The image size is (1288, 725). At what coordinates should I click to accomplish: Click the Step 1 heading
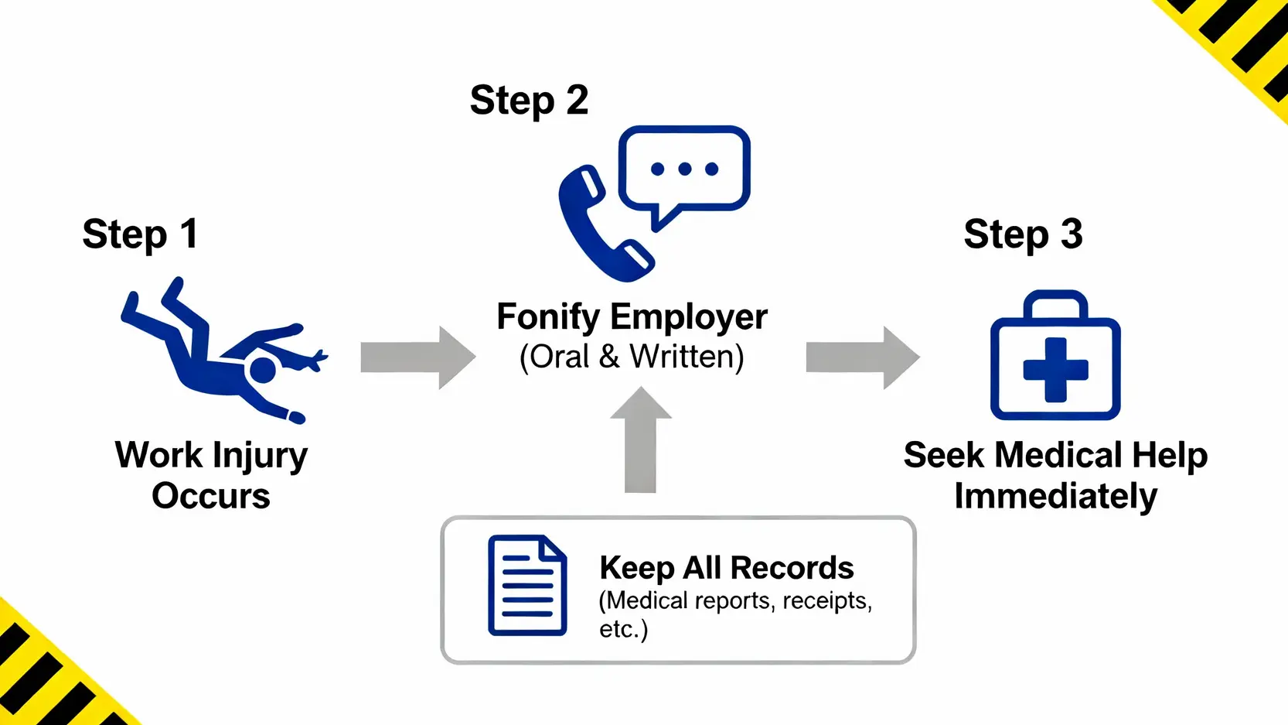[x=140, y=234]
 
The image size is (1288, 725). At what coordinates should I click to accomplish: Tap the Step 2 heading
[x=529, y=101]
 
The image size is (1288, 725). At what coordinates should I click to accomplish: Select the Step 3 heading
[x=1023, y=234]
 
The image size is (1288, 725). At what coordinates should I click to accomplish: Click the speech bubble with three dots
[x=684, y=170]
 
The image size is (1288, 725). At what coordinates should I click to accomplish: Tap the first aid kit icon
[x=1055, y=364]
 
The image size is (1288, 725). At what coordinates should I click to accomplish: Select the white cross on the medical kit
[x=1055, y=370]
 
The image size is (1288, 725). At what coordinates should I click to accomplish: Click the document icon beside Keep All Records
[x=527, y=585]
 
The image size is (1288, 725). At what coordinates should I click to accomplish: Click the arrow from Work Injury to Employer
[x=417, y=357]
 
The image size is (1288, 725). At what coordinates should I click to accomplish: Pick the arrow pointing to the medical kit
[x=862, y=357]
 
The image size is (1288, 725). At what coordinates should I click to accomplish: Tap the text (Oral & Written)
[x=632, y=357]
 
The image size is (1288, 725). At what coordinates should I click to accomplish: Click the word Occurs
[x=211, y=496]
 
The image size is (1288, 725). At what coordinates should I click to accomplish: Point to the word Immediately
[x=1055, y=496]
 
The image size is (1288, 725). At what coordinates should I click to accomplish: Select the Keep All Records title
[x=726, y=568]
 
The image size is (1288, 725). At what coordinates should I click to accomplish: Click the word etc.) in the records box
[x=623, y=629]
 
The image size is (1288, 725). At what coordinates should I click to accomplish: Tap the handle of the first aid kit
[x=1055, y=303]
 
